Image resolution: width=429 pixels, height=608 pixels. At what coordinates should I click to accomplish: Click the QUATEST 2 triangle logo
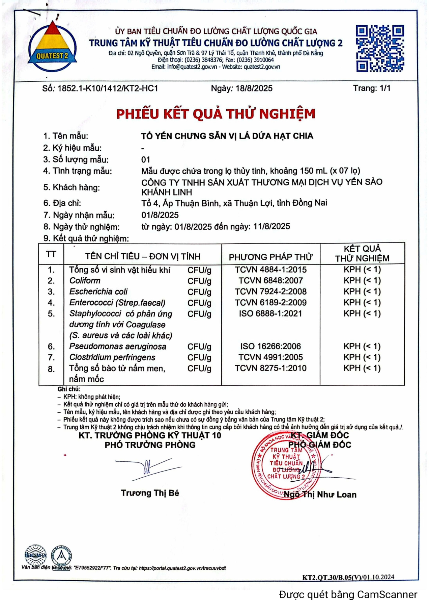(52, 47)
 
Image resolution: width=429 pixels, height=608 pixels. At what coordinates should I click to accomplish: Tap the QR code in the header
(380, 48)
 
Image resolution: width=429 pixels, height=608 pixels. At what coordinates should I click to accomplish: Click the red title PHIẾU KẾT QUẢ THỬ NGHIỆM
(216, 114)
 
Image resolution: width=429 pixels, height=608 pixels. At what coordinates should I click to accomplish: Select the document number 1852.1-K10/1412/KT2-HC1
(108, 88)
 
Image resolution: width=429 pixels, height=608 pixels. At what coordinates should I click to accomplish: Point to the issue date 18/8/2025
(254, 88)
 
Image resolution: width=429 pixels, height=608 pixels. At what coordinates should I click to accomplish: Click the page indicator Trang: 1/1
(371, 88)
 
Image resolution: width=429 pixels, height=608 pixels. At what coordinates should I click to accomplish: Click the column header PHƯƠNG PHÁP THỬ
(270, 257)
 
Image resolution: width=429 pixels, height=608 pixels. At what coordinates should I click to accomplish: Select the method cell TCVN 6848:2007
(270, 280)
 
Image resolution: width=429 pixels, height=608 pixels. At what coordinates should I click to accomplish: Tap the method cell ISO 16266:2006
(270, 346)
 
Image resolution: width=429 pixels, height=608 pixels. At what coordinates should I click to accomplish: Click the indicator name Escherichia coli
(98, 292)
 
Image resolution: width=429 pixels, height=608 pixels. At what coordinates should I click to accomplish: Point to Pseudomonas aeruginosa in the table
(118, 346)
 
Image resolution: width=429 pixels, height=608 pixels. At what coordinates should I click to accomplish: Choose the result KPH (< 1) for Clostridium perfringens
(362, 357)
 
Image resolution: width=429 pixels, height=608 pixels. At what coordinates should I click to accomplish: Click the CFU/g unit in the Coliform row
(199, 281)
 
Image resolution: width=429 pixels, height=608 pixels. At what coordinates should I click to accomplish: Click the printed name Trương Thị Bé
(150, 493)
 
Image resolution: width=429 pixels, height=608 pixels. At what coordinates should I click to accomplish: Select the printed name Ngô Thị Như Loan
(320, 495)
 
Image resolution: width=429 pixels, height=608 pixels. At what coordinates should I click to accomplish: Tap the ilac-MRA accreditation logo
(36, 555)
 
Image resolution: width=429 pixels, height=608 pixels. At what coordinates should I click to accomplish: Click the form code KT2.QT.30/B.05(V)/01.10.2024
(348, 577)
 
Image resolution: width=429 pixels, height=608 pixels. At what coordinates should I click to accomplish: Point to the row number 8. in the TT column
(51, 369)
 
